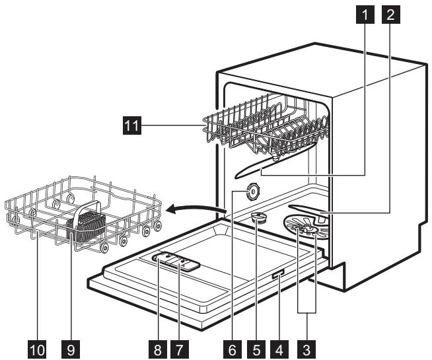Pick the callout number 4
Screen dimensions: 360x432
(x=281, y=347)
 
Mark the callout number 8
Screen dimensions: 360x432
(x=155, y=347)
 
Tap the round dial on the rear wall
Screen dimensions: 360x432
(x=250, y=192)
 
